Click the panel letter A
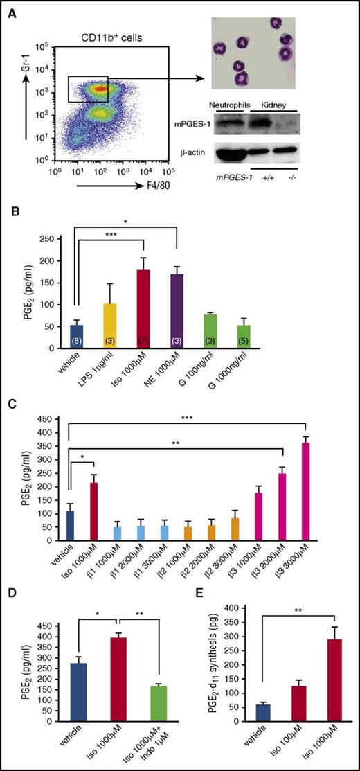(14, 9)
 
